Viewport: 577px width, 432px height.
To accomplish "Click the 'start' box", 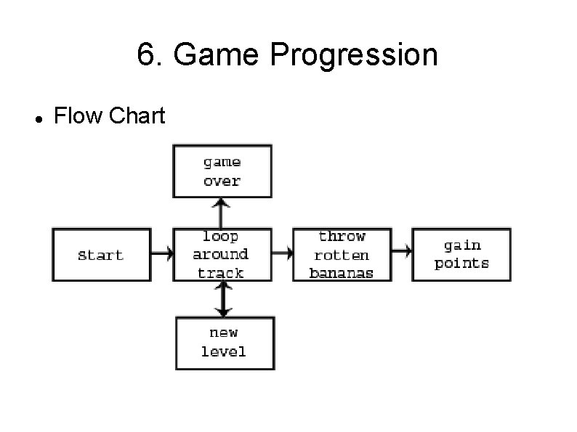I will (102, 255).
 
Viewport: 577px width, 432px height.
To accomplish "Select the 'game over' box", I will (222, 171).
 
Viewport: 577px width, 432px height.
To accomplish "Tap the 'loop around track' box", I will (221, 255).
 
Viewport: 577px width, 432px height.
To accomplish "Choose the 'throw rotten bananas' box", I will (342, 255).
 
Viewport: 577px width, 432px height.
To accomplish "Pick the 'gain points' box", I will (461, 255).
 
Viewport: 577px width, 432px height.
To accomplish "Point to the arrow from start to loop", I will (162, 255).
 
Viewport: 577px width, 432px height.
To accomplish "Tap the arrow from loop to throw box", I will (282, 255).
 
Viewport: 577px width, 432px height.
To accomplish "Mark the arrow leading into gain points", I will (402, 251).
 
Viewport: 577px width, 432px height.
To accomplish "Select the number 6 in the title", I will (145, 55).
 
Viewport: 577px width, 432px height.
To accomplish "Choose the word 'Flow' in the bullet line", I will (77, 115).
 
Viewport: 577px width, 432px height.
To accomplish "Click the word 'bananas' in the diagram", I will (342, 274).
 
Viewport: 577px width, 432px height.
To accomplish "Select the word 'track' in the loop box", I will (221, 274).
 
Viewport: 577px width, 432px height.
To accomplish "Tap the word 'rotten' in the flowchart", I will (342, 255).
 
